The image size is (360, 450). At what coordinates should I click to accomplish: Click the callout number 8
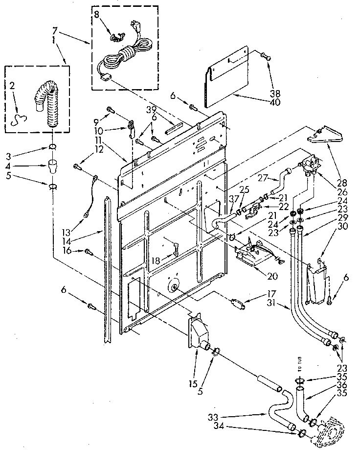[x=96, y=15]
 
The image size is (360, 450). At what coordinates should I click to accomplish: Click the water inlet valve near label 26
[x=312, y=166]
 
